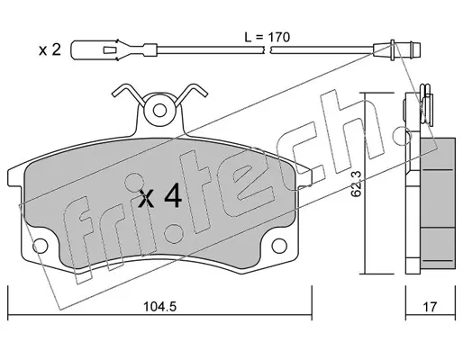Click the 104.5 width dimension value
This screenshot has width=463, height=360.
(x=159, y=307)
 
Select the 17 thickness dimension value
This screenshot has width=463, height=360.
(x=430, y=307)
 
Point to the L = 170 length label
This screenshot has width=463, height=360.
(x=268, y=38)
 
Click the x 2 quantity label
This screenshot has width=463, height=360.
(x=50, y=49)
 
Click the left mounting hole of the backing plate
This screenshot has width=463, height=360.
(x=41, y=246)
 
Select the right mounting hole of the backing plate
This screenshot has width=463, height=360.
(x=279, y=246)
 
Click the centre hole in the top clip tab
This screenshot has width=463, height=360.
(x=159, y=111)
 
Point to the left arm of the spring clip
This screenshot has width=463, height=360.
(x=126, y=92)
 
